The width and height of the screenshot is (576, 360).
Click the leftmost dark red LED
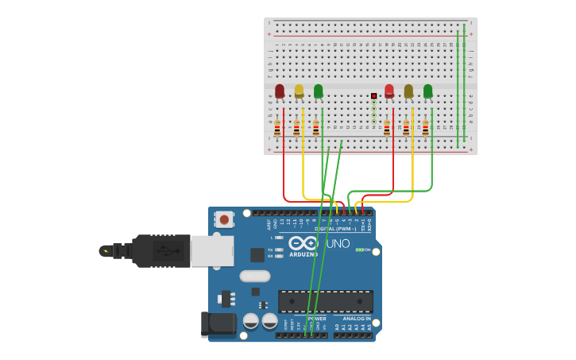280,91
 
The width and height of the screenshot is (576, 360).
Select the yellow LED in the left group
299,91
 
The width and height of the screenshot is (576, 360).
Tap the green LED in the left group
318,91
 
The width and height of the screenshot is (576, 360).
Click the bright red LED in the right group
389,91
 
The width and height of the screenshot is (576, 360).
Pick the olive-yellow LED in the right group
408,91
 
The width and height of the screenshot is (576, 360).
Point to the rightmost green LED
427,91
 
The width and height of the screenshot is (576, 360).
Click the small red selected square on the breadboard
373,96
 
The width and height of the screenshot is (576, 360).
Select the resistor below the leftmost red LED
277,127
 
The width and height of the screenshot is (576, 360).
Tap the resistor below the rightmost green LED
425,127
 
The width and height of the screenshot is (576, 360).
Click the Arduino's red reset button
224,219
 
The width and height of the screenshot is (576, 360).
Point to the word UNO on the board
338,243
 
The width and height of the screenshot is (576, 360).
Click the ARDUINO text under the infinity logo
303,254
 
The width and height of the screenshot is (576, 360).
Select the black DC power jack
218,323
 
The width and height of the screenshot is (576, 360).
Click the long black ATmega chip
326,301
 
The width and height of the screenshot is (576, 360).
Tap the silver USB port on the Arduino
212,251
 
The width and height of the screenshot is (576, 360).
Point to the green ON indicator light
360,250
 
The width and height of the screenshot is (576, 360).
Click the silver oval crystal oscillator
254,277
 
